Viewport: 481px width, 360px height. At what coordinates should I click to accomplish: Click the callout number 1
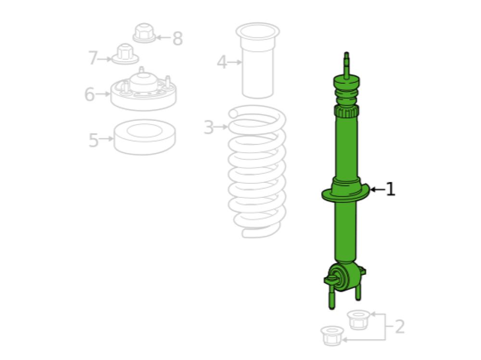click(x=390, y=189)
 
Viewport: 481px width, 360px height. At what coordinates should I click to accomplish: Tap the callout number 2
click(x=399, y=326)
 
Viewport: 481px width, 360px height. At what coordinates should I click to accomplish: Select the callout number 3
click(x=209, y=127)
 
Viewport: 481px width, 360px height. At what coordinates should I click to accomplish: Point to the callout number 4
click(x=222, y=62)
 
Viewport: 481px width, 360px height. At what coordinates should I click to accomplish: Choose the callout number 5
click(x=94, y=140)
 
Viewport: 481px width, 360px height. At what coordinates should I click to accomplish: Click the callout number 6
click(x=89, y=94)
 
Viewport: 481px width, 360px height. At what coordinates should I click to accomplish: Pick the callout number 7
click(x=93, y=58)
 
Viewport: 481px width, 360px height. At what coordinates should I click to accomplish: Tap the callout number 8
click(x=177, y=39)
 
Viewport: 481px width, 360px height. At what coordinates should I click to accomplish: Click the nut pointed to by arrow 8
click(x=144, y=33)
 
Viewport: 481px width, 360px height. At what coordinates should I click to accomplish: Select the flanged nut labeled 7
click(x=125, y=54)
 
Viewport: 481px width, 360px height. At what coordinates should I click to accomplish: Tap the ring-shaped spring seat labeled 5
click(x=144, y=137)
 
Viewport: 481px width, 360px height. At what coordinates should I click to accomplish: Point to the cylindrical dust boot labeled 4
click(x=257, y=61)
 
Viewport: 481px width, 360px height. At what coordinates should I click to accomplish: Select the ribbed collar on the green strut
click(x=347, y=111)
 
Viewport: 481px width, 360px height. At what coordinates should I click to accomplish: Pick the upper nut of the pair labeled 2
click(x=358, y=320)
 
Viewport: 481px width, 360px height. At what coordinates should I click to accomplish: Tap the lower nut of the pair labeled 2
click(x=332, y=336)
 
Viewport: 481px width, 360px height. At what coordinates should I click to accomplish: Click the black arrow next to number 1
click(x=377, y=189)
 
